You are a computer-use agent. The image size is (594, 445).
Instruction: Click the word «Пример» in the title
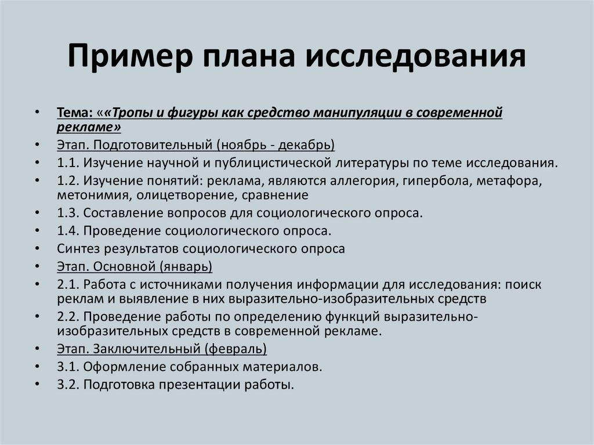point(130,56)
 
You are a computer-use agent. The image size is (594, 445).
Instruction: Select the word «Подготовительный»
point(153,145)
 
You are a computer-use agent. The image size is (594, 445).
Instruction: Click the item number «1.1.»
point(68,163)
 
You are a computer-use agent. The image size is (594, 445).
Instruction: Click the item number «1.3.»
point(68,213)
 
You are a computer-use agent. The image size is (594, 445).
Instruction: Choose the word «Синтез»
point(78,249)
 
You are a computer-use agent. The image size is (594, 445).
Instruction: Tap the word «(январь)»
point(186,267)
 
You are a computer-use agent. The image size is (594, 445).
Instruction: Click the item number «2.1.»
point(68,285)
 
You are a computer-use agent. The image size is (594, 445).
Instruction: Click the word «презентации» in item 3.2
point(200,385)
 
